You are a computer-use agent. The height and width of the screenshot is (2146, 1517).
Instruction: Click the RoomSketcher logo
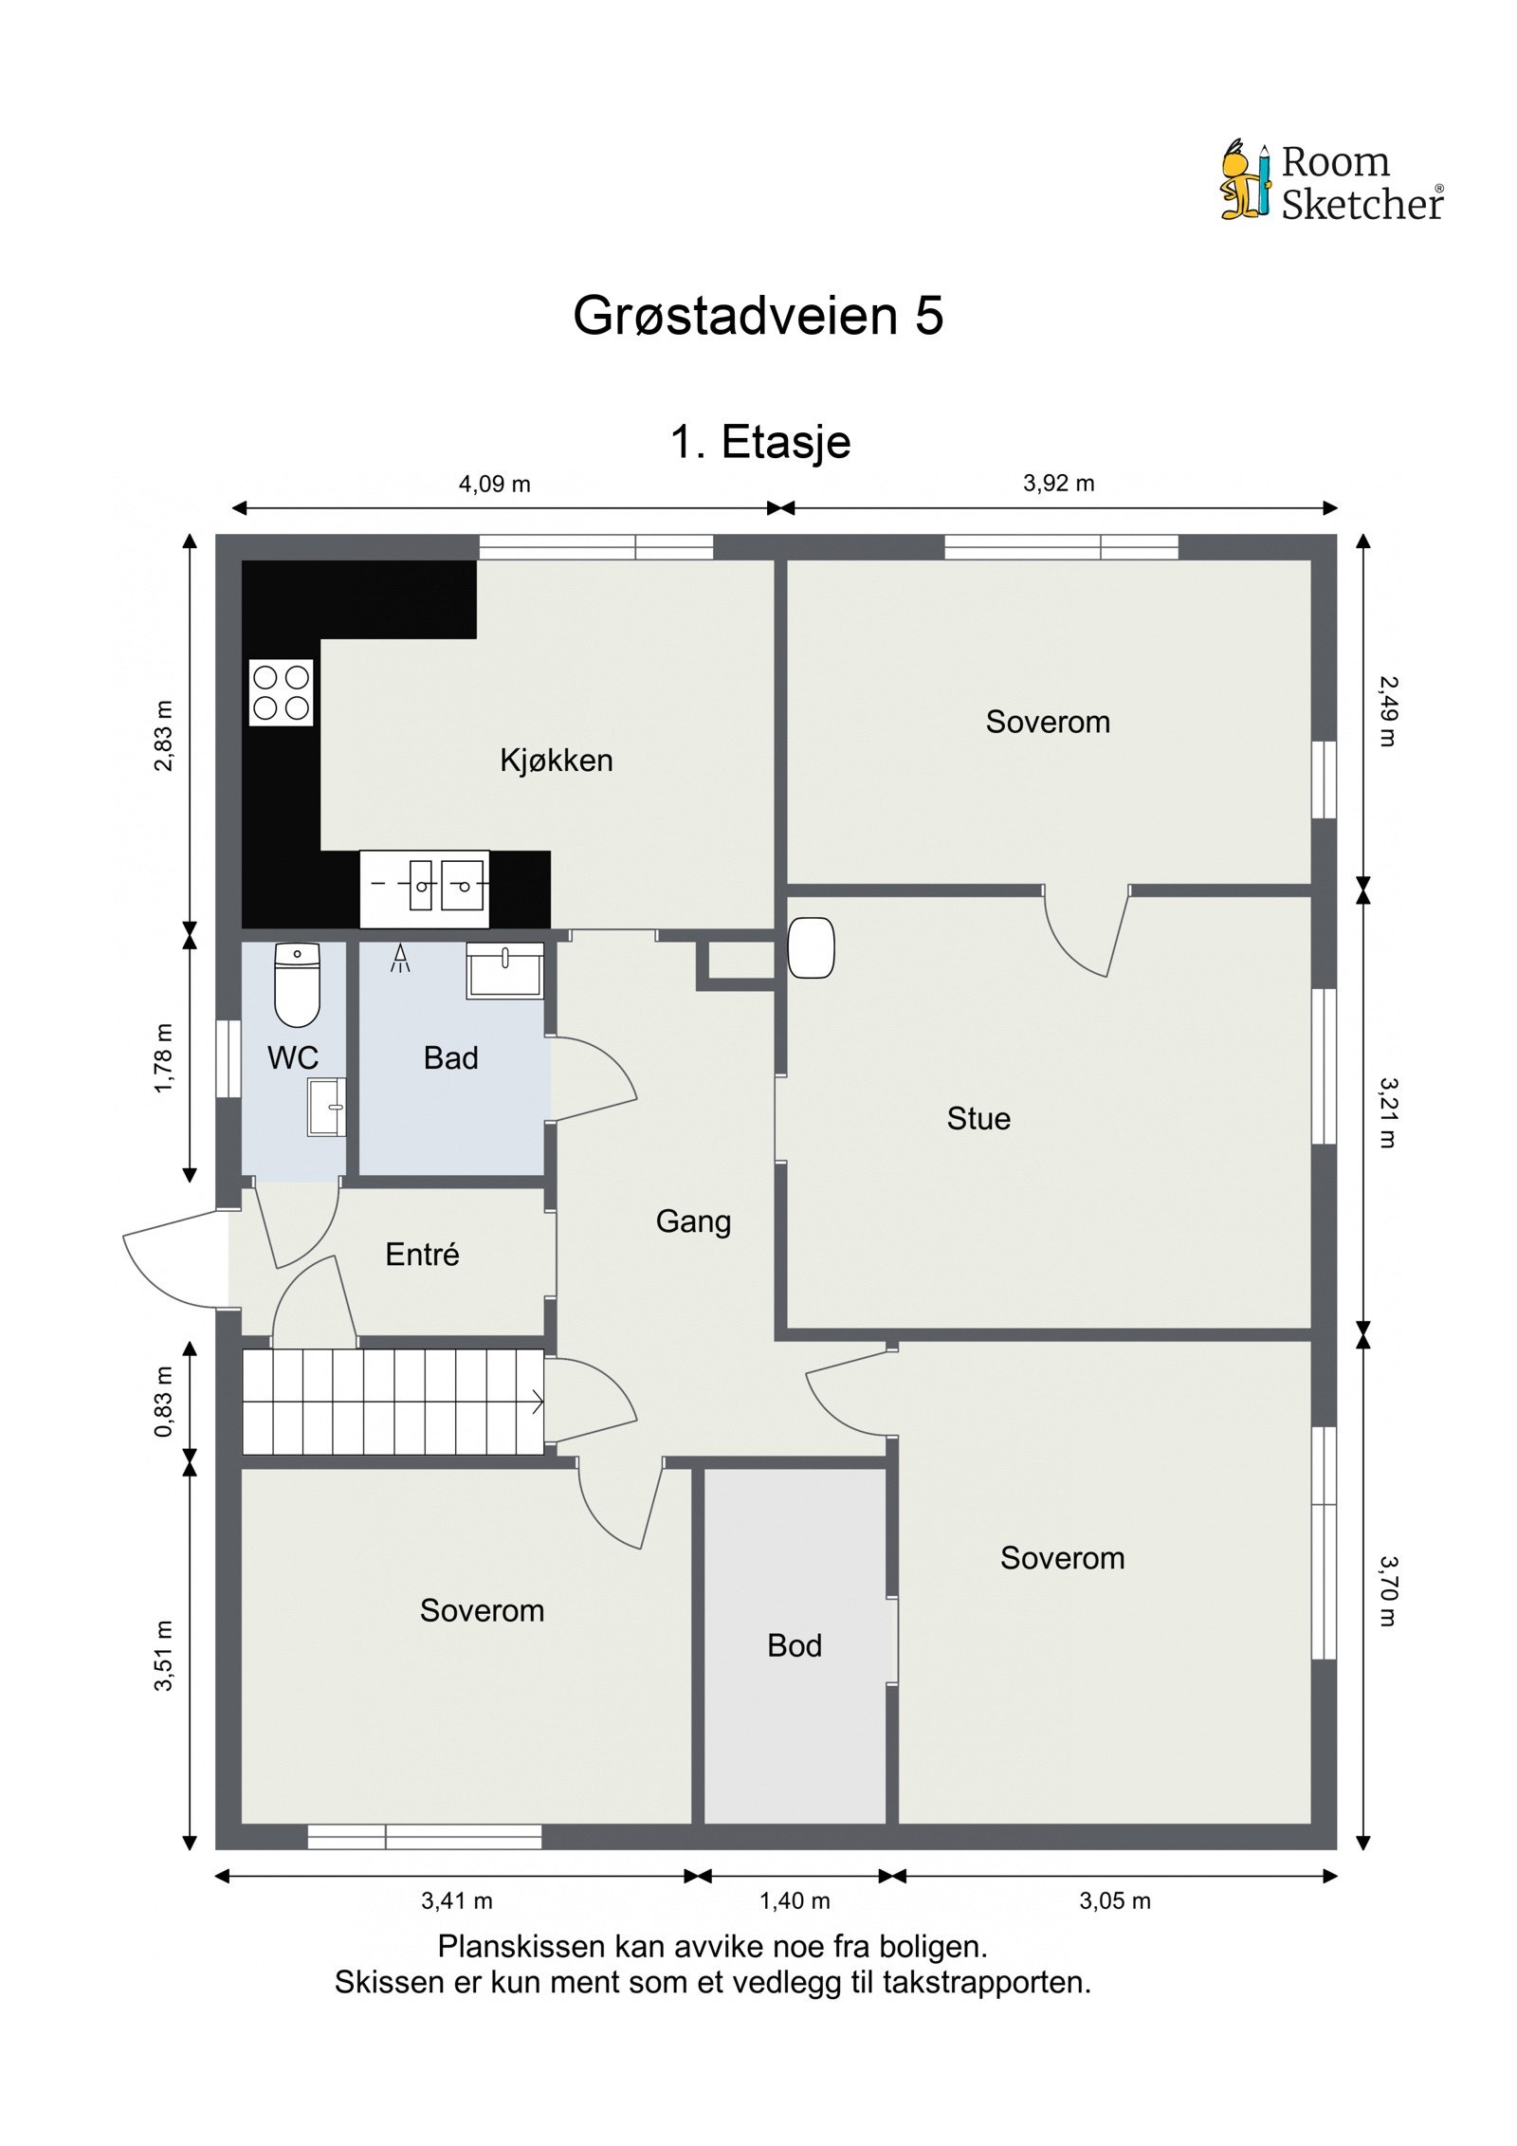coord(1331,181)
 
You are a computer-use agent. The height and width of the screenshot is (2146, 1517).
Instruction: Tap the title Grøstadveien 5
coord(758,316)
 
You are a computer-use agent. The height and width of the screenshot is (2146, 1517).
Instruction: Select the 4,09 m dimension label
coord(494,485)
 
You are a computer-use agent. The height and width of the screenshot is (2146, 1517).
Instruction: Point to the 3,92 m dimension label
coord(1058,484)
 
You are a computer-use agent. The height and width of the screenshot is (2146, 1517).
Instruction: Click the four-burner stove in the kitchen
coord(282,692)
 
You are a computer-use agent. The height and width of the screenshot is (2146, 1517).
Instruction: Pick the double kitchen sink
coord(425,889)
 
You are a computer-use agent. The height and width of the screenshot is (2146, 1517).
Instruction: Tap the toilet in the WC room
coord(297,985)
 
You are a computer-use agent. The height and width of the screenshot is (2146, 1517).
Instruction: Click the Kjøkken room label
coord(557,761)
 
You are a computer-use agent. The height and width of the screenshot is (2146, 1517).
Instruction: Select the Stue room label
coord(978,1119)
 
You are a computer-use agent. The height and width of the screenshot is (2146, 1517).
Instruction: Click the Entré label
coord(422,1255)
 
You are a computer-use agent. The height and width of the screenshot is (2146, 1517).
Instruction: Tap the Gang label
coord(693,1222)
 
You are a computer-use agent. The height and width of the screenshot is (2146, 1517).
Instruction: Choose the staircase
coord(393,1402)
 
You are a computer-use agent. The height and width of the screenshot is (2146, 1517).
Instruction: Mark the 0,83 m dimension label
coord(164,1402)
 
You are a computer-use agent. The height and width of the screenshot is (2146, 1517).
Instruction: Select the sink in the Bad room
coord(505,970)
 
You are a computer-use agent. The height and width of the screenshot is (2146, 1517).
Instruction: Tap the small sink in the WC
coord(326,1106)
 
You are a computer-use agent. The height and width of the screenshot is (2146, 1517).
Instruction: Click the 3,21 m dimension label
coord(1387,1112)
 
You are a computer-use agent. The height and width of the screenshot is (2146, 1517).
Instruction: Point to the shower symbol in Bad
coord(402,958)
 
